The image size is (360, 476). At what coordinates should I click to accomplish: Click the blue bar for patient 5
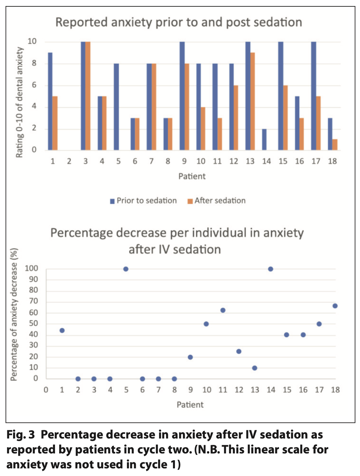point(116,107)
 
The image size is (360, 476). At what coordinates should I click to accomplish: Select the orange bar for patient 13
point(253,101)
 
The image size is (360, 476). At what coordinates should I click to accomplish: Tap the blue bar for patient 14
point(264,139)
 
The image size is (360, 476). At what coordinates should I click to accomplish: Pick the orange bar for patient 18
point(335,145)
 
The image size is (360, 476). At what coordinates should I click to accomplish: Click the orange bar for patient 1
point(55,123)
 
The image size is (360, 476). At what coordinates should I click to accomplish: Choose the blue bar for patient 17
point(314,96)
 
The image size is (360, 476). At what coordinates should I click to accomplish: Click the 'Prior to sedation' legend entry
point(143,201)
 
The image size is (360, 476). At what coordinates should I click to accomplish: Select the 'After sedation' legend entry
point(217,201)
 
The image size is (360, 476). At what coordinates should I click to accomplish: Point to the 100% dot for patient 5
point(126,269)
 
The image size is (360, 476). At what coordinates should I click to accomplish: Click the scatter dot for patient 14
point(271,269)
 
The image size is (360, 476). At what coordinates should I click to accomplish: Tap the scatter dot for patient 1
point(62,330)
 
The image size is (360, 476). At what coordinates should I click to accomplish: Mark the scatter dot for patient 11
point(223,310)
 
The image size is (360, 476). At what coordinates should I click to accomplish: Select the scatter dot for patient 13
point(255,368)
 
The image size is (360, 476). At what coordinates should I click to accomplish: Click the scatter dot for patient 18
point(335,306)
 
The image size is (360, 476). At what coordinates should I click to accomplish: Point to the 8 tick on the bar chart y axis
point(34,63)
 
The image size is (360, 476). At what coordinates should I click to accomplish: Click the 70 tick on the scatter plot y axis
point(33,301)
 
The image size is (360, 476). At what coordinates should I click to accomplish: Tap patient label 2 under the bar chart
point(69,161)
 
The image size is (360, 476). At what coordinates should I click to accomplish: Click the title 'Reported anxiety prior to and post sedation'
point(179,22)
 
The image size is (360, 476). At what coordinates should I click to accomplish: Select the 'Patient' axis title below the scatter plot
point(190,405)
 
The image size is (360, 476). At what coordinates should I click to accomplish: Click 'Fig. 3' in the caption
point(21,435)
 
